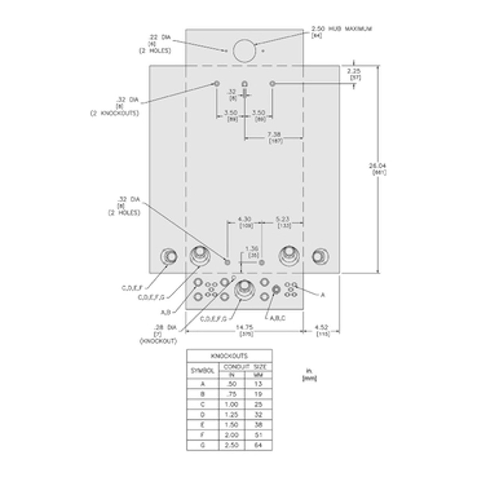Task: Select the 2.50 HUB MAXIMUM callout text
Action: [341, 29]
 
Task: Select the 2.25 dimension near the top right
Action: [354, 71]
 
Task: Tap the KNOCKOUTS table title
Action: [229, 356]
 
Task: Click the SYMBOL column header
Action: [203, 370]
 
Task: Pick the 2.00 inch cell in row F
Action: [232, 435]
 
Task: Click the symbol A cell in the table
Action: [203, 384]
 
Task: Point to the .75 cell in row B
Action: [232, 394]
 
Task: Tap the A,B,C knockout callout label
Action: [277, 318]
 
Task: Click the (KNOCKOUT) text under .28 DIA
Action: [158, 341]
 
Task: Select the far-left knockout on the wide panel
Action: [169, 257]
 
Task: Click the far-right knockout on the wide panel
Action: [320, 257]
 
